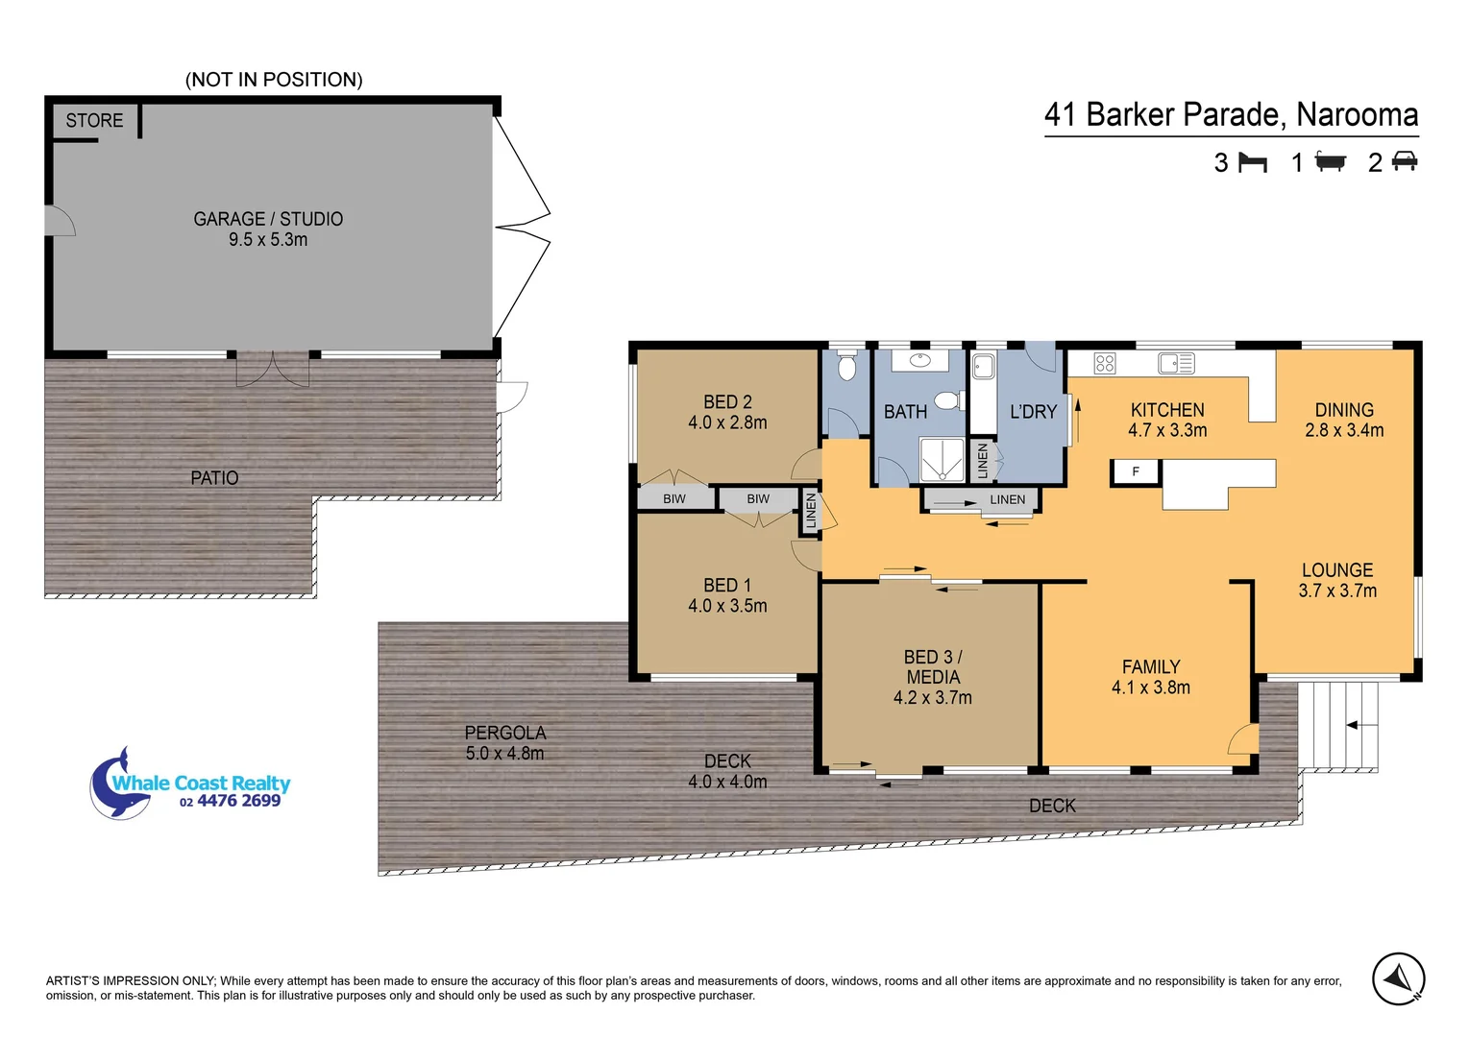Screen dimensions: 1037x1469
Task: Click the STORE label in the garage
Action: pyautogui.click(x=94, y=121)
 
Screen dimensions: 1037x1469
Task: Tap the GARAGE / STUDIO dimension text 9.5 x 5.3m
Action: pyautogui.click(x=268, y=240)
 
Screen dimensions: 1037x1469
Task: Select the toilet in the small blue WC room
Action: pyautogui.click(x=846, y=367)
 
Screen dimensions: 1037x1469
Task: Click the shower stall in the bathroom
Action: pyautogui.click(x=942, y=459)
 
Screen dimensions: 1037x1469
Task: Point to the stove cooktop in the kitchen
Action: pyautogui.click(x=1105, y=363)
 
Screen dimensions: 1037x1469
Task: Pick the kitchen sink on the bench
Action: pyautogui.click(x=1175, y=363)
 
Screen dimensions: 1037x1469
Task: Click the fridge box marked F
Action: pyautogui.click(x=1136, y=471)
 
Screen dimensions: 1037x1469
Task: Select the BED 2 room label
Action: pyautogui.click(x=727, y=402)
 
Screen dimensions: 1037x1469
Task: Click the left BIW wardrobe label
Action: pyautogui.click(x=674, y=499)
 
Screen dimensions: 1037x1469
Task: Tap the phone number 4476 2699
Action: pyautogui.click(x=238, y=802)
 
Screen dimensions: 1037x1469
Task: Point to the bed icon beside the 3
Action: pyautogui.click(x=1252, y=162)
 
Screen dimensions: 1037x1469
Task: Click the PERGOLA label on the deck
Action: pyautogui.click(x=504, y=733)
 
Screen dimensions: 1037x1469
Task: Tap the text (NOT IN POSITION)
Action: pyautogui.click(x=274, y=80)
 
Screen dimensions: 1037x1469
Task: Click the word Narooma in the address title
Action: pyautogui.click(x=1357, y=115)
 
